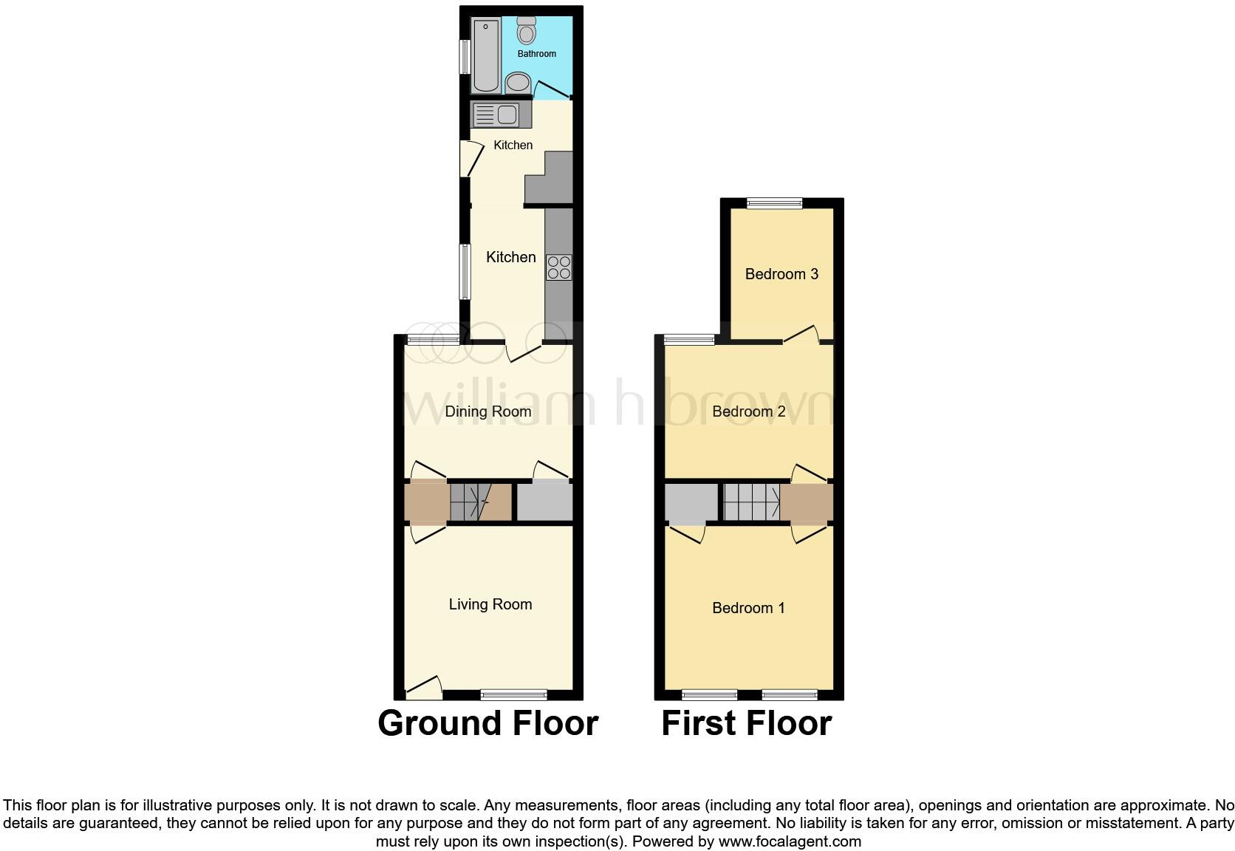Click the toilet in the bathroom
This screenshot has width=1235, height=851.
(527, 31)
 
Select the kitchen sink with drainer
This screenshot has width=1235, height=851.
(496, 115)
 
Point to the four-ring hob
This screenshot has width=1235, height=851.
(559, 267)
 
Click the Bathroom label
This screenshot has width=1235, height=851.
(536, 54)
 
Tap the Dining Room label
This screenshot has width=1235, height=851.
(487, 411)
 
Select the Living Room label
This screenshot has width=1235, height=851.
(490, 604)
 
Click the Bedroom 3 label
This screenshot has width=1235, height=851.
(781, 274)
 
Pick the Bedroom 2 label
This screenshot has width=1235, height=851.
(748, 411)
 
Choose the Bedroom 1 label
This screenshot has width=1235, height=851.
(748, 608)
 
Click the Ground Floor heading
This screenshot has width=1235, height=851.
(487, 723)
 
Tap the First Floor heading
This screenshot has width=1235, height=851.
(746, 723)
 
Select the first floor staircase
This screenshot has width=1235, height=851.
(751, 502)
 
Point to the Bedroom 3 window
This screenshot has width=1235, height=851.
(774, 203)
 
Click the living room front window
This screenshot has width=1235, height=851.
(514, 694)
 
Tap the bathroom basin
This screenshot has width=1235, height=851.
(518, 82)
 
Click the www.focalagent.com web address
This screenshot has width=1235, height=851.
(790, 841)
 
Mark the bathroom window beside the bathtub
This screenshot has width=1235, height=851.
(465, 57)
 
